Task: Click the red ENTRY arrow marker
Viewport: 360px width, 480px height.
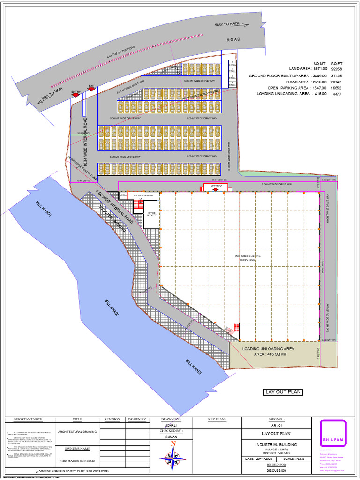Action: pos(75,95)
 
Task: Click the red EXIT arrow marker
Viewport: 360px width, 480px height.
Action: pos(92,89)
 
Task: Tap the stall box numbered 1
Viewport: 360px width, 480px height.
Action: pos(232,63)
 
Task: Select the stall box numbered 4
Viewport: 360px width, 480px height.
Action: pos(232,84)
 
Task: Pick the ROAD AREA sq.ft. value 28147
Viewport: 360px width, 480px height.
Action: pos(337,82)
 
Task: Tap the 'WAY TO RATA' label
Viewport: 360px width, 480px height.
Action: pos(227,24)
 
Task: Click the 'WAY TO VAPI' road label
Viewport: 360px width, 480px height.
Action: pos(52,93)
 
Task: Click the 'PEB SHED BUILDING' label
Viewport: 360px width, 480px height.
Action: pos(247,256)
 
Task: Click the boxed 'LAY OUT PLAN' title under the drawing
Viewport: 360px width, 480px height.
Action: pos(283,392)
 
